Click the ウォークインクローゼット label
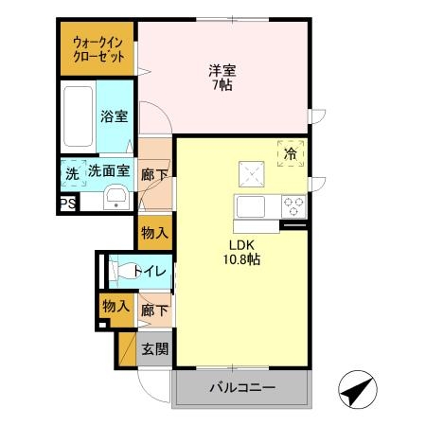point(98,49)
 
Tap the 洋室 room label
point(222,69)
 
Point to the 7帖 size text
point(222,85)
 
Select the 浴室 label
point(115,116)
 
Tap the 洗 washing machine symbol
point(72,174)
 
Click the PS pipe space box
point(67,203)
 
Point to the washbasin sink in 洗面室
point(115,197)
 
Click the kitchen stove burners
point(293,204)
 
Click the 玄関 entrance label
point(155,348)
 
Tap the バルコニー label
point(242,388)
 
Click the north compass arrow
point(356,388)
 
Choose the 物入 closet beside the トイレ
point(115,306)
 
